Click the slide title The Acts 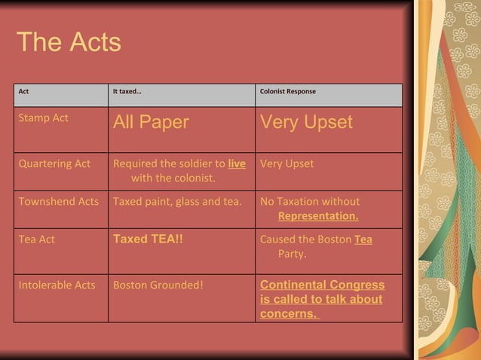[69, 42]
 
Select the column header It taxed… [127, 92]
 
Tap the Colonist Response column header [287, 92]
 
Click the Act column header [24, 92]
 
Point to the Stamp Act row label [44, 118]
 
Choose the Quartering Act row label [54, 163]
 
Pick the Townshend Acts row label [59, 201]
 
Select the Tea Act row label [37, 239]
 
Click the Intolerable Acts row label [57, 285]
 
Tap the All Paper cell [151, 123]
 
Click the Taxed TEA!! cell [148, 239]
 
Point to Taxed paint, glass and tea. [177, 201]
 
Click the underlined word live [237, 163]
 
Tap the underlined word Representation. [318, 216]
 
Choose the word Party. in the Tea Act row [292, 254]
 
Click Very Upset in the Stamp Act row [306, 123]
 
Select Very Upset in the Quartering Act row [286, 163]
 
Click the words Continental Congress [322, 285]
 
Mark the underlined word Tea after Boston [363, 239]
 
